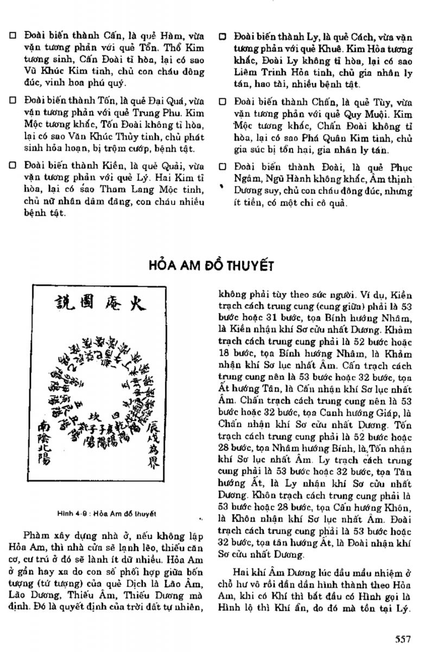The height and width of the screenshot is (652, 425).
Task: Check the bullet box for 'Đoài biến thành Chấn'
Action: [x=222, y=101]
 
